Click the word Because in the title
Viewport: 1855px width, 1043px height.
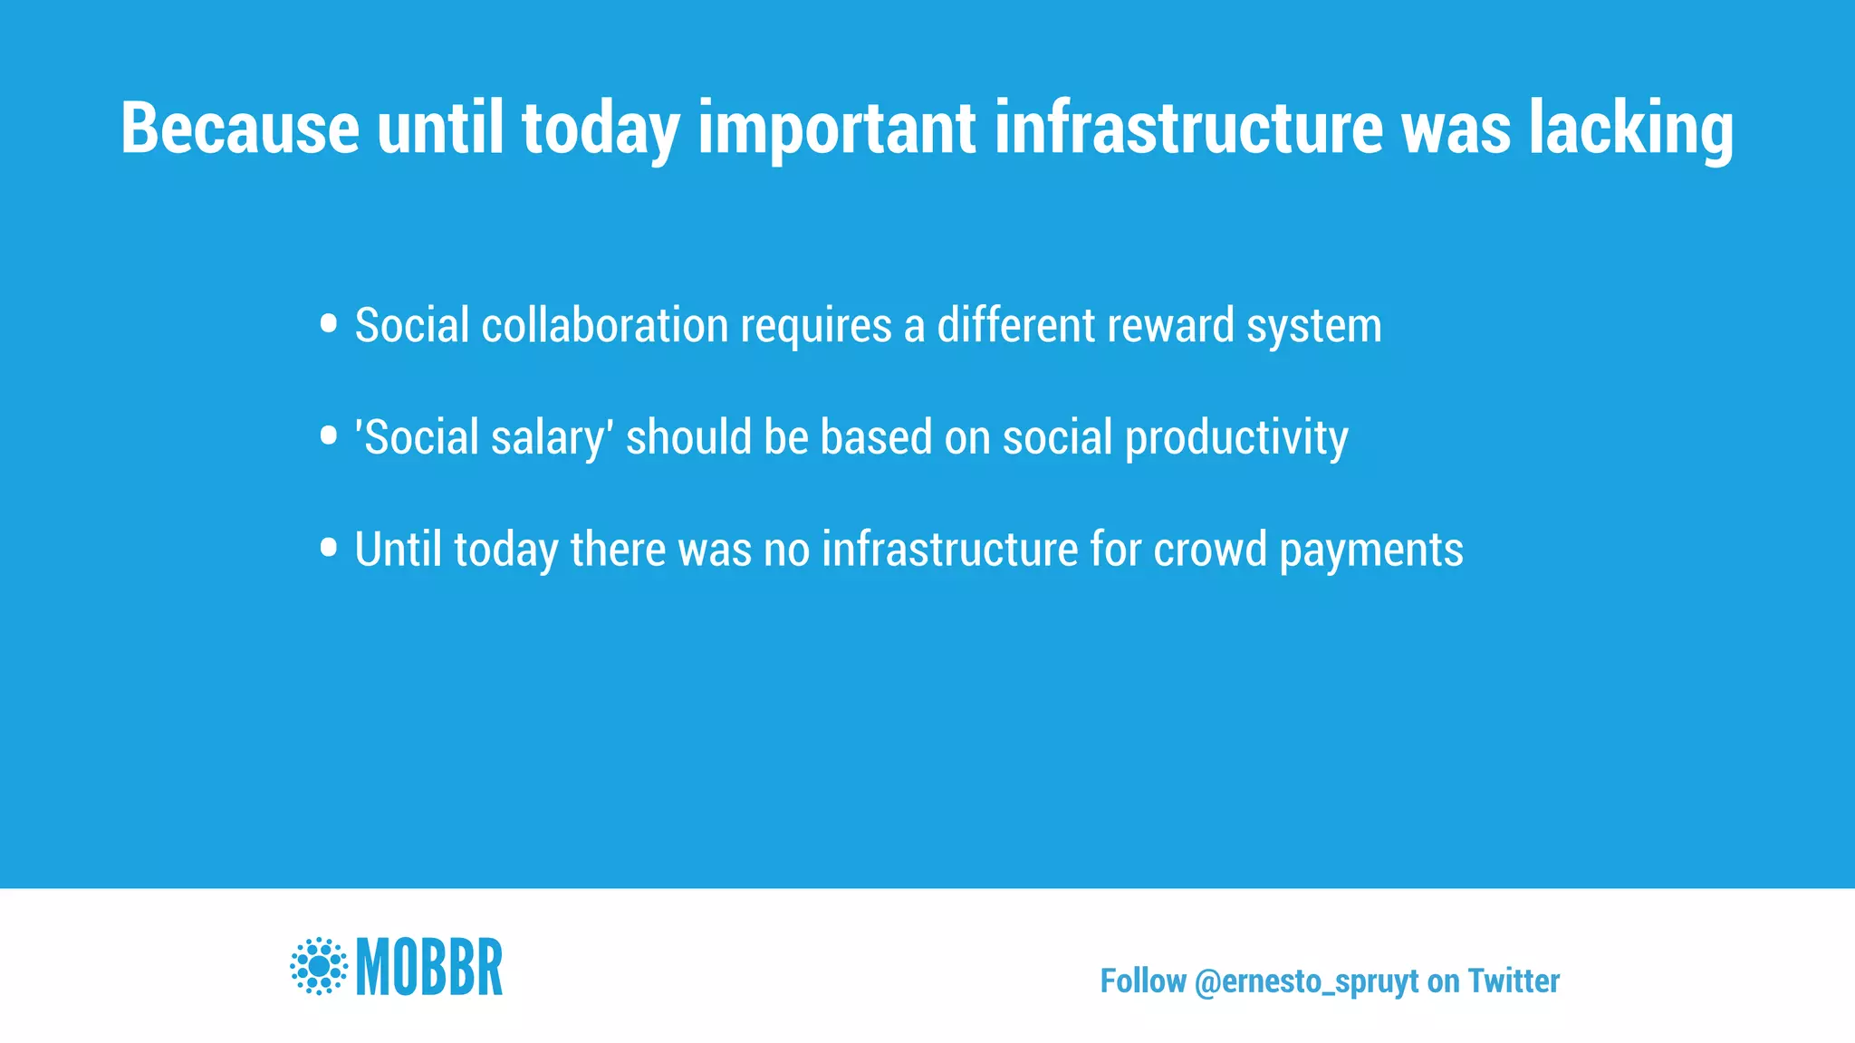(240, 129)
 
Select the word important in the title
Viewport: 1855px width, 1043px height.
(836, 129)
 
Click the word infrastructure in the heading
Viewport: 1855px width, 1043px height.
(1188, 129)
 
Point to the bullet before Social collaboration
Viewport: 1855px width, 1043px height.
(329, 323)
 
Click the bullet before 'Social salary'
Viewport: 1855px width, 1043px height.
(329, 436)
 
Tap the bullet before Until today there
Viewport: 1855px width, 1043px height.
(329, 548)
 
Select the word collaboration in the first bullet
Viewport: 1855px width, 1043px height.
(604, 325)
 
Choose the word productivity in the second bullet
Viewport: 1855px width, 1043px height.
(1236, 438)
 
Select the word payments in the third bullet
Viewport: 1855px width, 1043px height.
(1371, 550)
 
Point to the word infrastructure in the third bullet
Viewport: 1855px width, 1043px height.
(949, 550)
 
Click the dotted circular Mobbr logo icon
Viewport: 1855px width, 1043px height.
(319, 966)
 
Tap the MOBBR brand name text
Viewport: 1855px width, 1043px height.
(429, 967)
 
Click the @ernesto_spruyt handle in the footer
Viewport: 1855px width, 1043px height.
(1306, 981)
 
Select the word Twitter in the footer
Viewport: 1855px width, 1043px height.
(1514, 981)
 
